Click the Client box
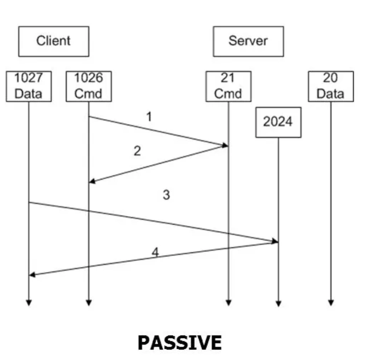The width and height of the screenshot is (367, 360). click(53, 41)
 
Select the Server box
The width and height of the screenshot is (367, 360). click(248, 41)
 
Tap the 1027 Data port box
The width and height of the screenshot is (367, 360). click(28, 86)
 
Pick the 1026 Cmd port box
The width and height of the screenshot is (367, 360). click(88, 86)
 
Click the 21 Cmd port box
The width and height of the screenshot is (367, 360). click(228, 86)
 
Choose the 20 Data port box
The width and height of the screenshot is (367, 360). click(330, 86)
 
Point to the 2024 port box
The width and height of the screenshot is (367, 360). click(278, 122)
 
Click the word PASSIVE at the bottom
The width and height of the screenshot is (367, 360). click(179, 342)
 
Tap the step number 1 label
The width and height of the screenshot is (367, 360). click(149, 116)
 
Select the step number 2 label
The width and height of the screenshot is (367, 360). click(137, 151)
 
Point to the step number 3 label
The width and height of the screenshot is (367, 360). click(166, 195)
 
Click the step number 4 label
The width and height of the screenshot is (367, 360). click(155, 252)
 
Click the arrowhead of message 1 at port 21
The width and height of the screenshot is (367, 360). click(225, 145)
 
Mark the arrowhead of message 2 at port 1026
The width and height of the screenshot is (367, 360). click(91, 181)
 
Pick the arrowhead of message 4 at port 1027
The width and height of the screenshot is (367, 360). click(32, 275)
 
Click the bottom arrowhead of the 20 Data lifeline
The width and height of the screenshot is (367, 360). click(330, 303)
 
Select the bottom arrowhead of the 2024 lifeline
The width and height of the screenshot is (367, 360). click(278, 304)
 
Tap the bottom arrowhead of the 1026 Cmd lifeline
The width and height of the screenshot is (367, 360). click(88, 303)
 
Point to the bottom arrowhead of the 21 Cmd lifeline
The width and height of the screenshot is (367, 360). click(228, 303)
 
